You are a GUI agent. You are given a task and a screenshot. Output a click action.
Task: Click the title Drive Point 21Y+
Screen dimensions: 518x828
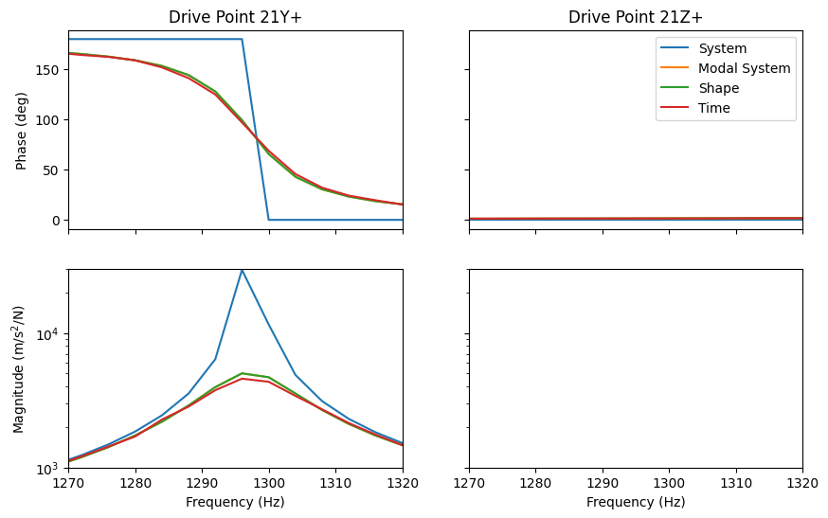235,17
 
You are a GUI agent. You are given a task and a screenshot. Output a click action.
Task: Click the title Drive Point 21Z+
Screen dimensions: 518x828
636,17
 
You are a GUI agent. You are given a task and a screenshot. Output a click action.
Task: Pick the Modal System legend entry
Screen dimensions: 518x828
744,68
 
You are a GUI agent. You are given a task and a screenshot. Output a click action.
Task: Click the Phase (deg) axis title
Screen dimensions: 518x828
22,130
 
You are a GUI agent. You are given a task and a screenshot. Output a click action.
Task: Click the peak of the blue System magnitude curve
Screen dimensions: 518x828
243,270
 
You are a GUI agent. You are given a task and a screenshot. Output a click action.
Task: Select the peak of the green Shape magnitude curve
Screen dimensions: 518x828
243,373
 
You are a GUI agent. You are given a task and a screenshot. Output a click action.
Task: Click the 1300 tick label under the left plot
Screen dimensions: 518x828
269,483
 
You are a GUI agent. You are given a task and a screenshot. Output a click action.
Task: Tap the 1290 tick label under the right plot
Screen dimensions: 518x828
603,483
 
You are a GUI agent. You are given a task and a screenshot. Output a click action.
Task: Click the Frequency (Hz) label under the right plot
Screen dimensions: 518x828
636,502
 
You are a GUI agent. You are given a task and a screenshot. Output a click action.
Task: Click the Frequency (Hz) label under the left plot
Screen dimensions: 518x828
235,502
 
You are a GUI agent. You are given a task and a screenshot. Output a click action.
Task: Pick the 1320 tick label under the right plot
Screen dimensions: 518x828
801,483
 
